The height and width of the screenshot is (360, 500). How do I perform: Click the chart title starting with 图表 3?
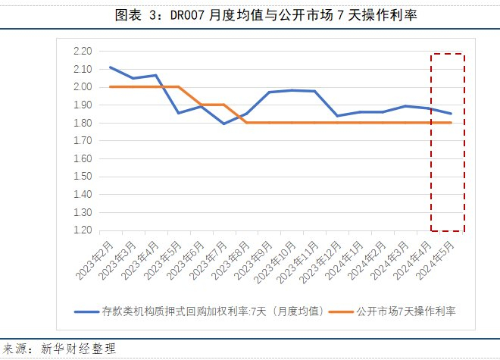266,15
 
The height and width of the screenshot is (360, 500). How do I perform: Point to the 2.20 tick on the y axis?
83,51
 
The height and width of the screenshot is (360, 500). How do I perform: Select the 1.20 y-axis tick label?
83,230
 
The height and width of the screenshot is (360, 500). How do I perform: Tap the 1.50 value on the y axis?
83,177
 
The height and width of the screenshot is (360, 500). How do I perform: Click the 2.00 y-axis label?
83,87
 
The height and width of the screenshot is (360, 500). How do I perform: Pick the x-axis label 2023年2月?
95,261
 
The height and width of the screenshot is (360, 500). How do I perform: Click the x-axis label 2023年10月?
275,262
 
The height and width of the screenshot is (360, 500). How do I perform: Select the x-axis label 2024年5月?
436,261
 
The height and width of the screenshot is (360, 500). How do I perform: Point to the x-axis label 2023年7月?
208,261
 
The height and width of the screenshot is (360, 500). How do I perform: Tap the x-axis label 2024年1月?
345,261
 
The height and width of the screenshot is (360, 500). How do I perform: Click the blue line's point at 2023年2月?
111,67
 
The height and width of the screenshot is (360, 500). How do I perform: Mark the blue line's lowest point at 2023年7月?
223,124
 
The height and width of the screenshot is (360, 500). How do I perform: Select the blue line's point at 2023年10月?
292,90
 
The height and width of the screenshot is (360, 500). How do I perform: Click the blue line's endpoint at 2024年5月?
451,113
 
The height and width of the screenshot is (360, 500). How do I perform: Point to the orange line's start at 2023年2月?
111,87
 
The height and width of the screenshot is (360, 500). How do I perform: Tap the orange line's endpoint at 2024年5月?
451,123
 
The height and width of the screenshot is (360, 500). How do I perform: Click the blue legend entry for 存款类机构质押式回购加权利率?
199,311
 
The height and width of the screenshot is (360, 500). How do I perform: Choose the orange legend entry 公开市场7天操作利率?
392,311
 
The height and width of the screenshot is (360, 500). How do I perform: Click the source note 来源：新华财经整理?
59,349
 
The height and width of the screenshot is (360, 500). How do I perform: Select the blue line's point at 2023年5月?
178,113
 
